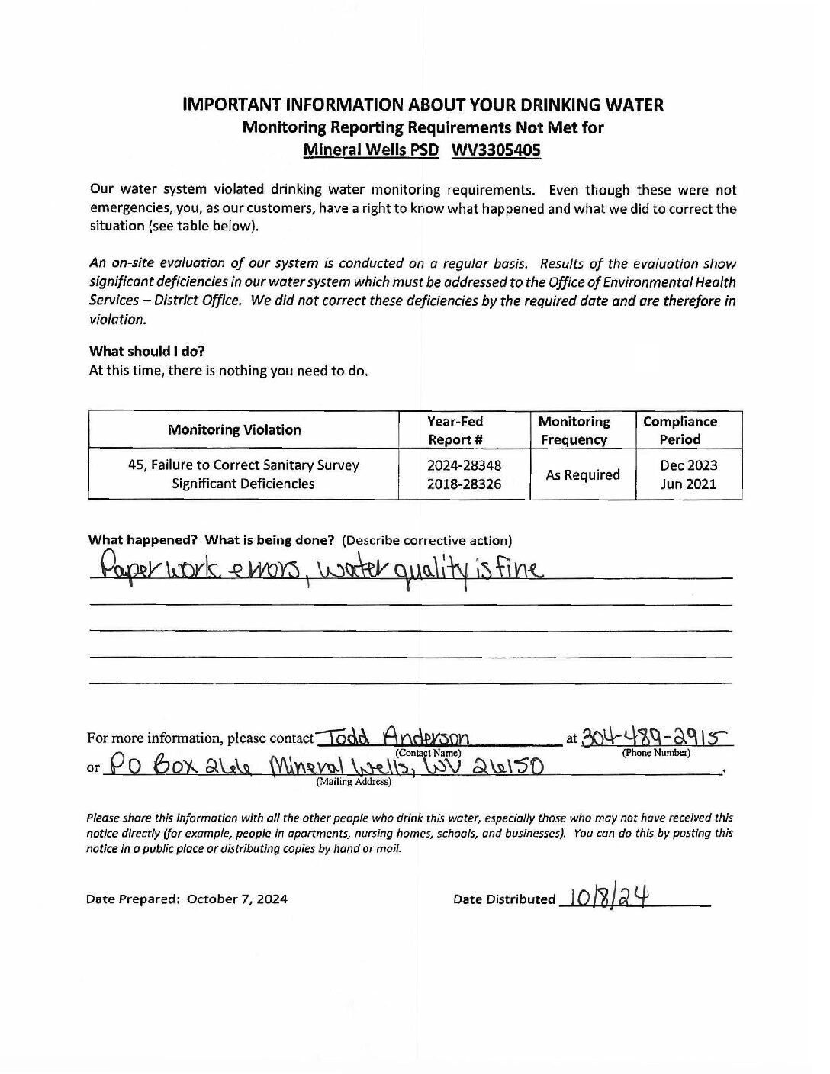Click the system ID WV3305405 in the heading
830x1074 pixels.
tap(496, 150)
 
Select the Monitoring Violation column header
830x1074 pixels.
tap(234, 429)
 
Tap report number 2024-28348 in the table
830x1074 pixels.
tap(465, 465)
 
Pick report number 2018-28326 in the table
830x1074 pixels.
tap(465, 484)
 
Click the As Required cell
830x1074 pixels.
tap(582, 474)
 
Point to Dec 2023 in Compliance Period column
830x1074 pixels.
tap(688, 465)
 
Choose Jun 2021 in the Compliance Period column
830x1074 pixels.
tap(688, 484)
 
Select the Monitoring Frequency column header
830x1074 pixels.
tap(574, 430)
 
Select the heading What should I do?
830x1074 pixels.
tap(146, 351)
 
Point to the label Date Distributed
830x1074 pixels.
tap(503, 899)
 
